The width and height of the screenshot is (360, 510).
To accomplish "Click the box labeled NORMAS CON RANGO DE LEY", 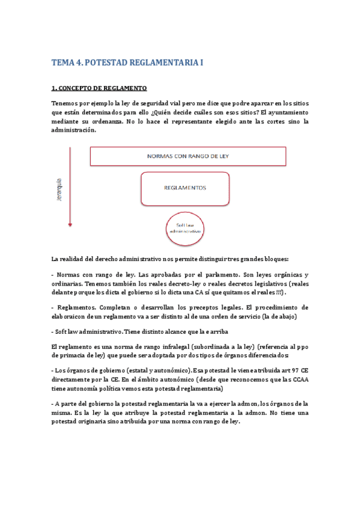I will (187, 156).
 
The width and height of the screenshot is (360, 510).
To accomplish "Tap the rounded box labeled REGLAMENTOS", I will (185, 188).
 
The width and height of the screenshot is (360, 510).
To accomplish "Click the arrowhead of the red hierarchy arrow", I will (70, 225).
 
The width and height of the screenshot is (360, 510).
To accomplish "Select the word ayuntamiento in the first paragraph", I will (285, 112).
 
